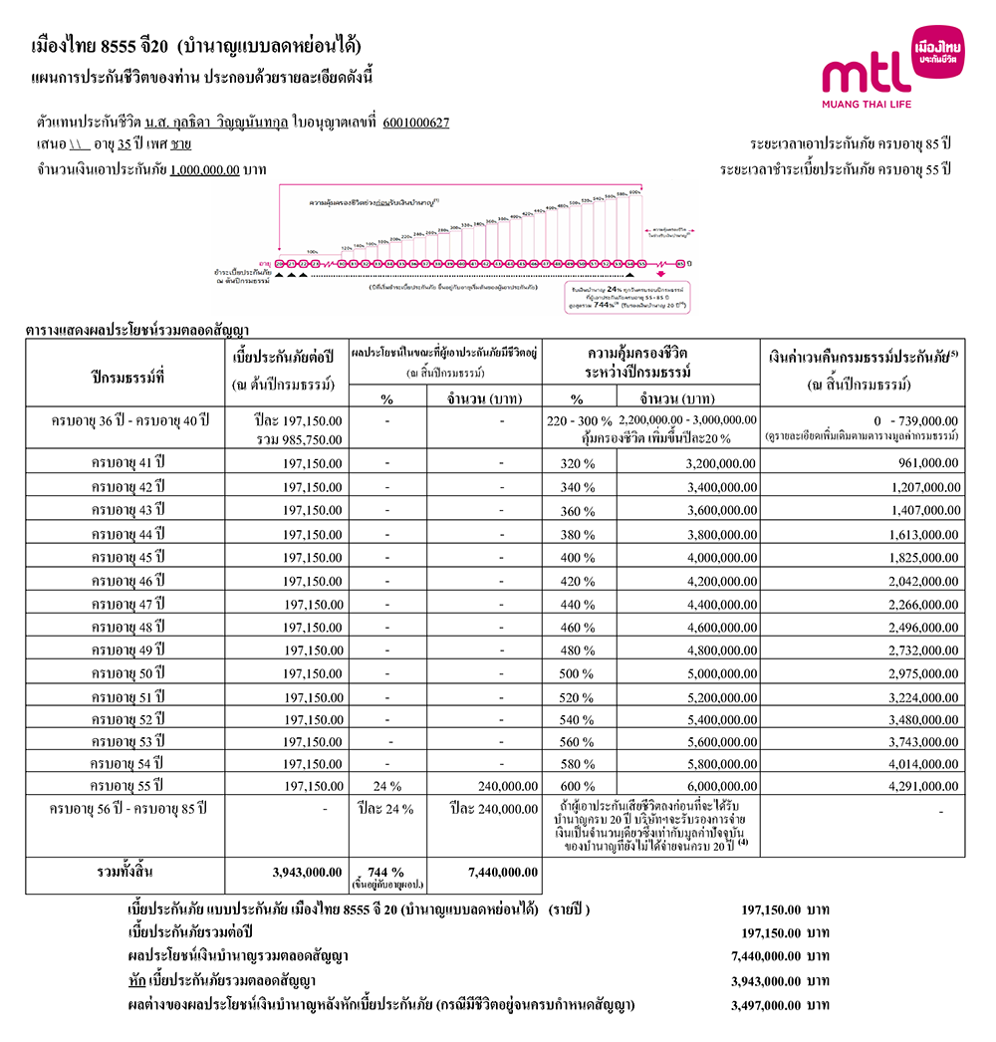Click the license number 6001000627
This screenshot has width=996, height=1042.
[415, 124]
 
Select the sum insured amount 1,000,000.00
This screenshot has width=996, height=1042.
[204, 169]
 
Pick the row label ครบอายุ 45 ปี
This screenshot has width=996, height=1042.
[126, 556]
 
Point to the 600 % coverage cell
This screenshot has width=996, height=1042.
[579, 786]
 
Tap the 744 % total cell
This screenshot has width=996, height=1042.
[385, 871]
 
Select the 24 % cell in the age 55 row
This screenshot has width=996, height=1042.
[385, 786]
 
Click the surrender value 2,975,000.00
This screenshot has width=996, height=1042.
[924, 673]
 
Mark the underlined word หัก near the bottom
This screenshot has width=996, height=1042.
[138, 981]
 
